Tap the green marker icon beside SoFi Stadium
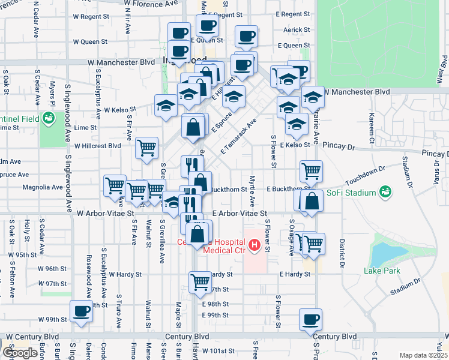tap(385, 192)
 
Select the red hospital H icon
tap(255, 245)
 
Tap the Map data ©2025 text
tap(424, 355)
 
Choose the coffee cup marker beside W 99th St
tap(82, 311)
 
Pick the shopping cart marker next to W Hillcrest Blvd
tap(146, 147)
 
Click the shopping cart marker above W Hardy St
tap(200, 281)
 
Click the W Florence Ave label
tap(151, 3)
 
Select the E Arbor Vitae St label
tap(239, 214)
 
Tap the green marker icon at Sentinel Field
tap(47, 118)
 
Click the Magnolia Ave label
tap(43, 187)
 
